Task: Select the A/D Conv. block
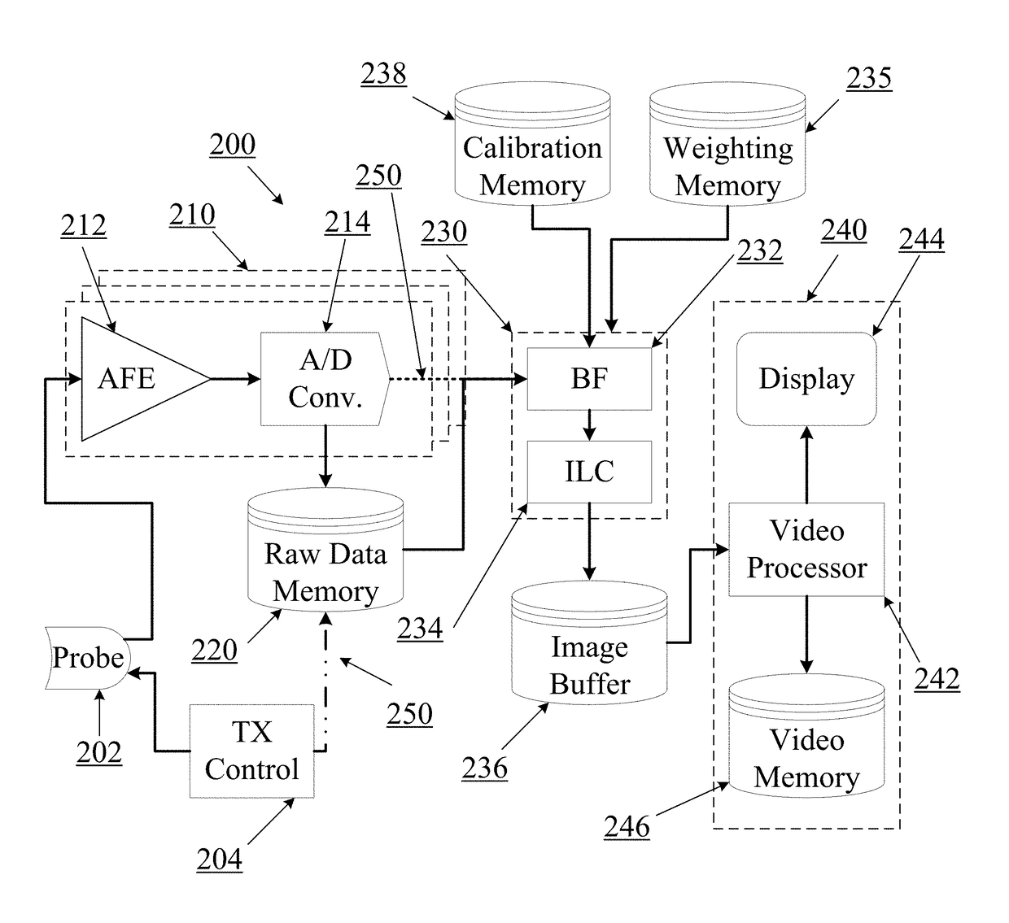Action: click(324, 379)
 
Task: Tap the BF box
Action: click(589, 379)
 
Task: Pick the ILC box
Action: click(589, 472)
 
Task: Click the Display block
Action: click(806, 379)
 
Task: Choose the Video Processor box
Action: click(806, 550)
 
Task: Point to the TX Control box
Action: click(251, 751)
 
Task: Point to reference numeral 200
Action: click(233, 145)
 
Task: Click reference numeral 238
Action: click(383, 74)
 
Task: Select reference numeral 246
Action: click(627, 827)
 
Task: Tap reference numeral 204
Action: click(219, 859)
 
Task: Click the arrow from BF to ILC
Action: click(589, 425)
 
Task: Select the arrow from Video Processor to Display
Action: click(806, 464)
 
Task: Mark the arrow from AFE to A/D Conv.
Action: click(235, 379)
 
